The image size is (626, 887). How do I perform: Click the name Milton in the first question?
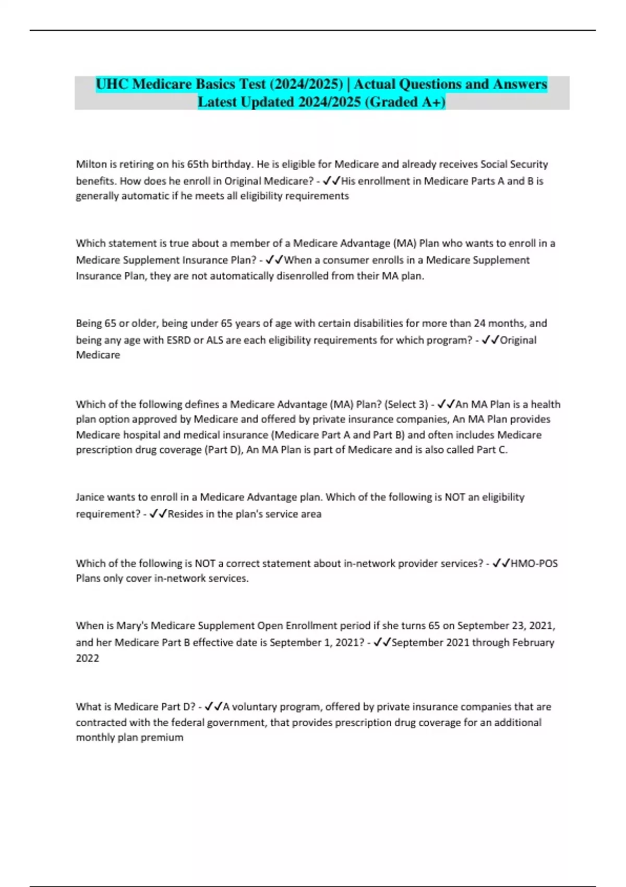click(x=91, y=164)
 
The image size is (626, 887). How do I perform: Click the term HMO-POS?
click(x=534, y=564)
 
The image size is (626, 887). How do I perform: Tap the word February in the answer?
click(x=533, y=642)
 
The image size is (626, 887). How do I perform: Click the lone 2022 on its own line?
click(x=87, y=658)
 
